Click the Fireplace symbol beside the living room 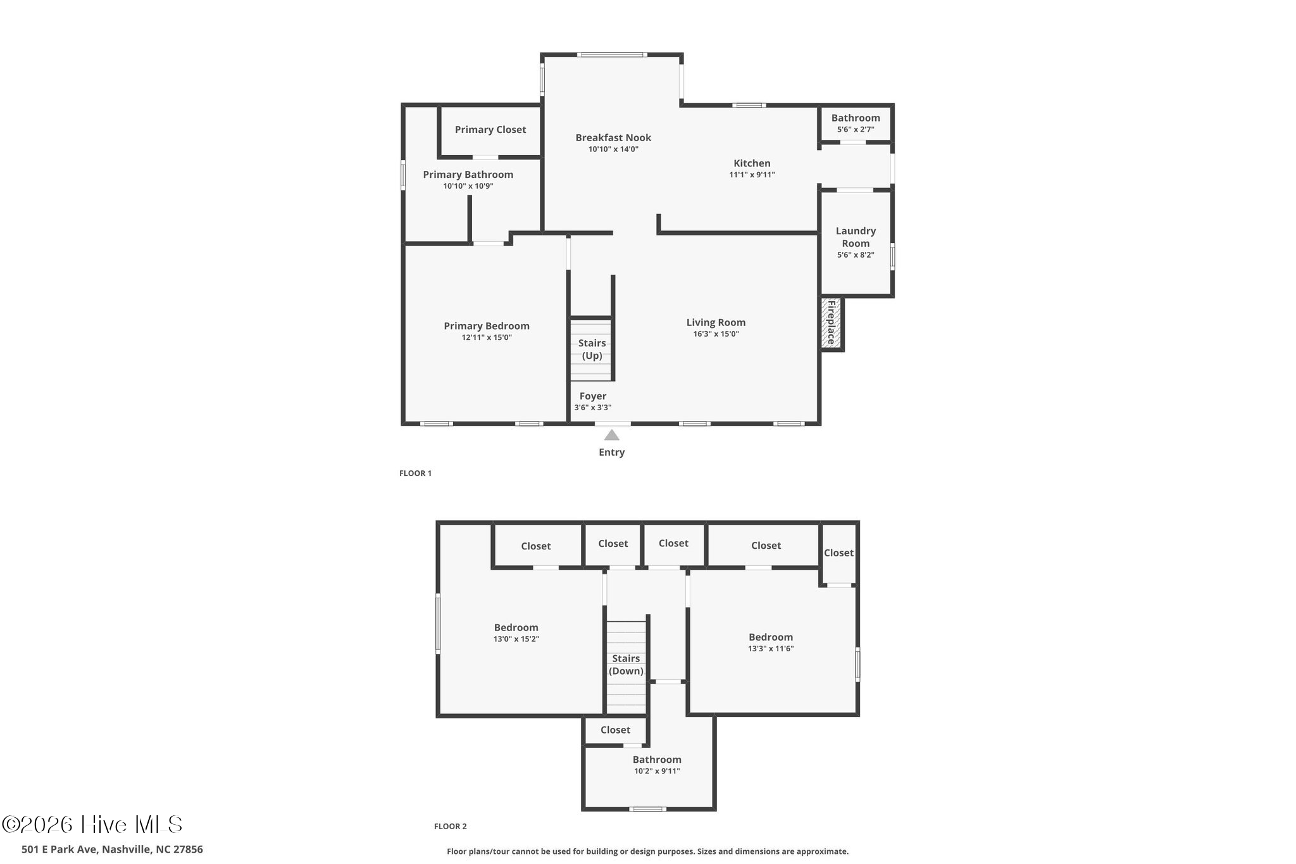click(x=832, y=323)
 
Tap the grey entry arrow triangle click(x=611, y=435)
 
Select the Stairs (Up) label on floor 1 click(x=592, y=349)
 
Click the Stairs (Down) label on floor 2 click(x=626, y=665)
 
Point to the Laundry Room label click(x=856, y=237)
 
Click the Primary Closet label click(x=490, y=130)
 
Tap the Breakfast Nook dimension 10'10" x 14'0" click(x=613, y=149)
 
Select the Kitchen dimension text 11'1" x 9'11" click(x=752, y=175)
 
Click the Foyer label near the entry click(x=593, y=396)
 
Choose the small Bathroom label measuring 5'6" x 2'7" click(x=856, y=118)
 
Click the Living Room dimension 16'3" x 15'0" click(x=716, y=334)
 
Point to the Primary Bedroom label click(x=487, y=326)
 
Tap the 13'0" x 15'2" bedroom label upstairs click(x=516, y=628)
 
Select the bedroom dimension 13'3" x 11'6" click(x=770, y=649)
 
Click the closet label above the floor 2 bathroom click(x=615, y=730)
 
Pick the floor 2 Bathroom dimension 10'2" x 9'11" click(x=657, y=771)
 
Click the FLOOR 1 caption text click(x=415, y=473)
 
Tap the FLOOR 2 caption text click(x=450, y=826)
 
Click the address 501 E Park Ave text click(x=112, y=849)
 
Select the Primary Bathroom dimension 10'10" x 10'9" click(x=468, y=186)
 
